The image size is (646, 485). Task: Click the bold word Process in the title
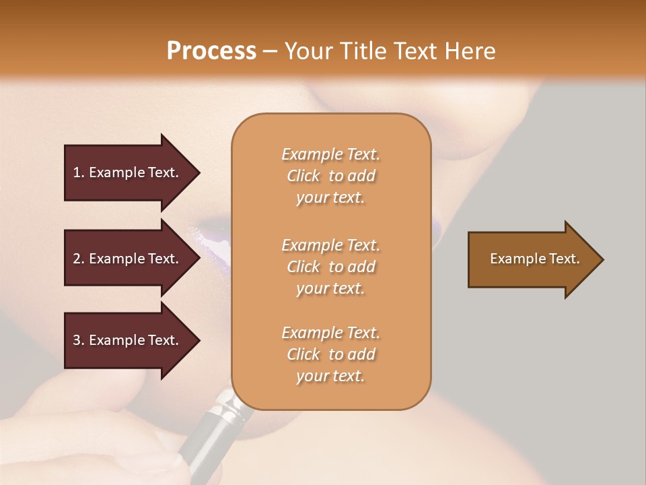coord(211,51)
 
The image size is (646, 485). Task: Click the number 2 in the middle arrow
coord(77,259)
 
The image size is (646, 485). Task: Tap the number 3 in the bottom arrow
coord(77,340)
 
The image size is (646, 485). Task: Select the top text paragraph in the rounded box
coord(330,176)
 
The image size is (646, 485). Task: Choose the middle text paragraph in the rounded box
coord(330,266)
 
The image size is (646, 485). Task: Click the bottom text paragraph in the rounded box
coord(330,354)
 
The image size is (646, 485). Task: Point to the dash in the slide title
coord(270,52)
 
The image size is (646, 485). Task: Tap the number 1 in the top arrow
coord(77,172)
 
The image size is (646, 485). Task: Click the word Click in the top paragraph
coord(303,176)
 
